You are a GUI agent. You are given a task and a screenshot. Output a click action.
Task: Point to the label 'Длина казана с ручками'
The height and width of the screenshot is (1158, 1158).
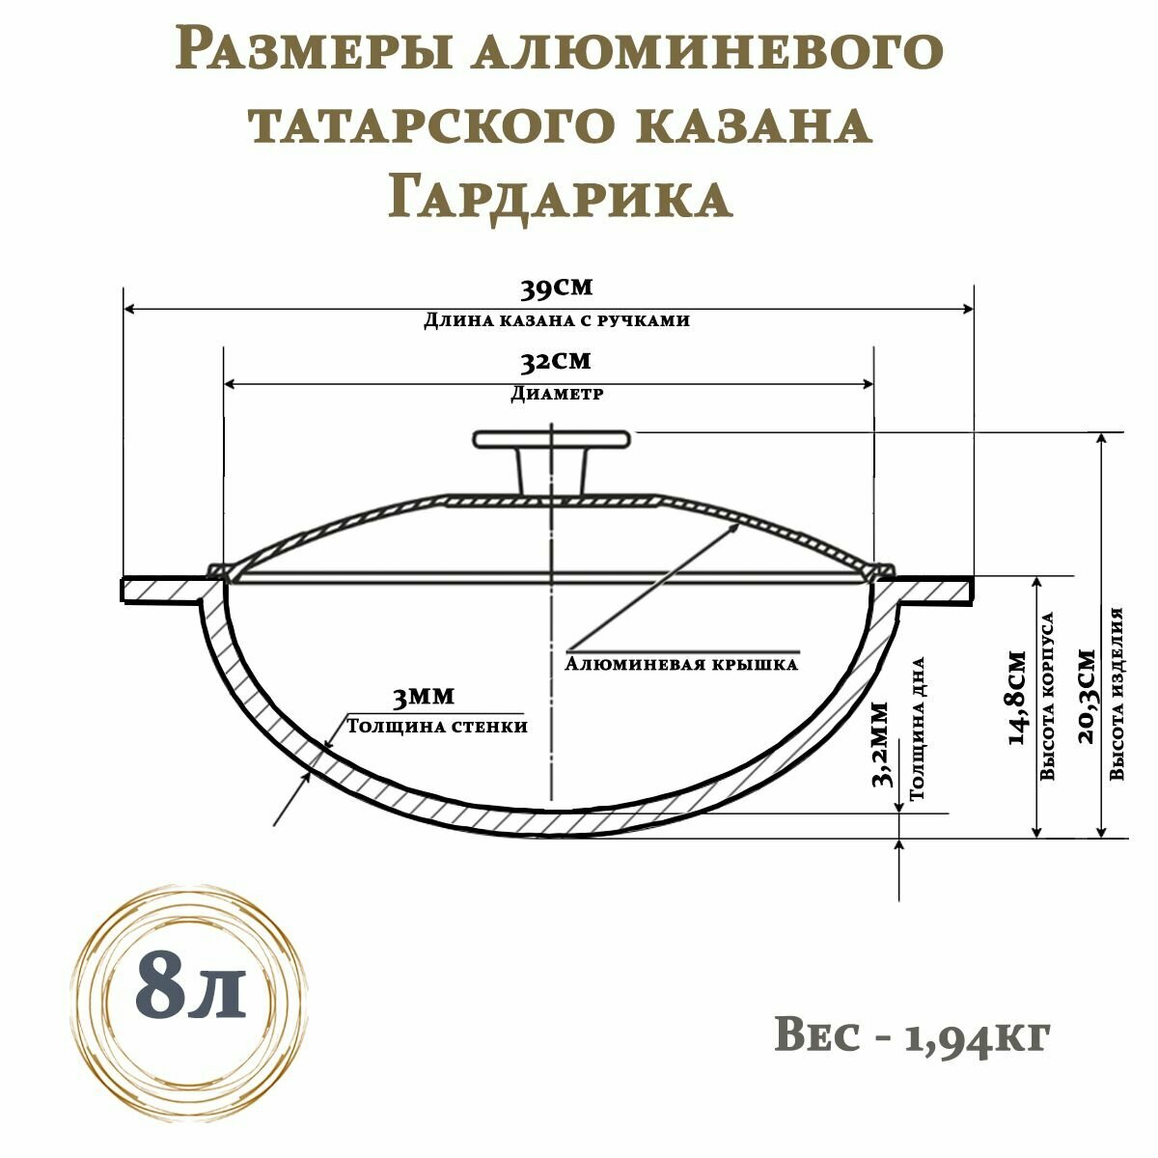557,320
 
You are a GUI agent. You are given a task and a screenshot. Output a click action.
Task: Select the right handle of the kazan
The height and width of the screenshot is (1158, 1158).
933,589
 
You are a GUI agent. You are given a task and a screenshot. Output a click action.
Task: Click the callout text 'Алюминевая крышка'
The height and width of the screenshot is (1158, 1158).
681,665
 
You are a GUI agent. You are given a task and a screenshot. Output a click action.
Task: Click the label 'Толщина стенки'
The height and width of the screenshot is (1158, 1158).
437,726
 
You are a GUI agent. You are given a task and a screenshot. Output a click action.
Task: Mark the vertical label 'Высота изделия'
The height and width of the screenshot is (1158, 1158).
1117,693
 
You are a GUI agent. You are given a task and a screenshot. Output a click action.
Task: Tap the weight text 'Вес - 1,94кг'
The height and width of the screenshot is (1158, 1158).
911,1035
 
